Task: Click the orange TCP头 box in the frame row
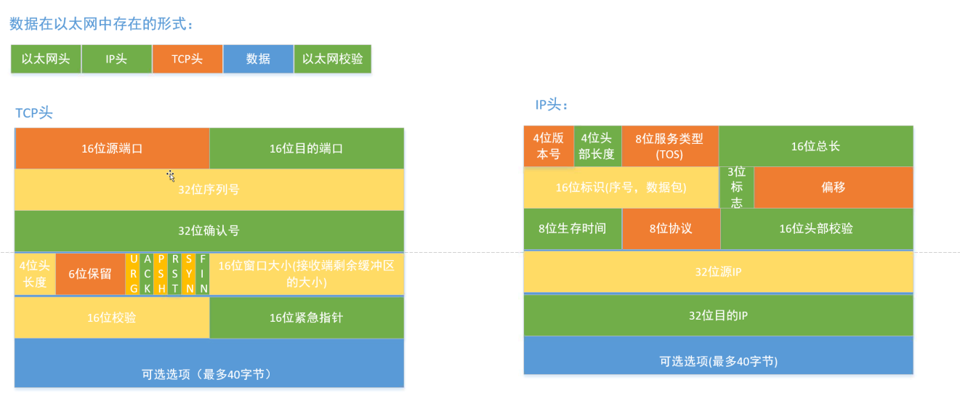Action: click(x=187, y=60)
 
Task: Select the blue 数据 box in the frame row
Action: click(x=258, y=60)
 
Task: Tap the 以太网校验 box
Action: click(x=332, y=60)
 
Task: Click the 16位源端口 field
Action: click(x=112, y=148)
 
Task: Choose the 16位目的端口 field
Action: click(x=306, y=148)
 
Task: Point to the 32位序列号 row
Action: click(x=209, y=190)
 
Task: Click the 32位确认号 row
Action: click(x=209, y=231)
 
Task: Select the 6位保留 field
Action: click(x=90, y=274)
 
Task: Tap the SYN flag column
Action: click(x=189, y=274)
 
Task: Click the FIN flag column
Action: click(x=203, y=274)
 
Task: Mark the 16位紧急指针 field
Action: click(x=306, y=317)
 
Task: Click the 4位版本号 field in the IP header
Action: click(x=548, y=146)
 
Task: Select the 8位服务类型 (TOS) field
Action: click(x=669, y=146)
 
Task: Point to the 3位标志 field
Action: click(x=736, y=187)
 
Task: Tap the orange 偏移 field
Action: click(x=833, y=187)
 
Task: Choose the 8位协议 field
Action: click(x=670, y=229)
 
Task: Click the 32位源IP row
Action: click(x=718, y=272)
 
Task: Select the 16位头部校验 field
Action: click(x=816, y=229)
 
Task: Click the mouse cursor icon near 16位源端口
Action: click(x=170, y=175)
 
